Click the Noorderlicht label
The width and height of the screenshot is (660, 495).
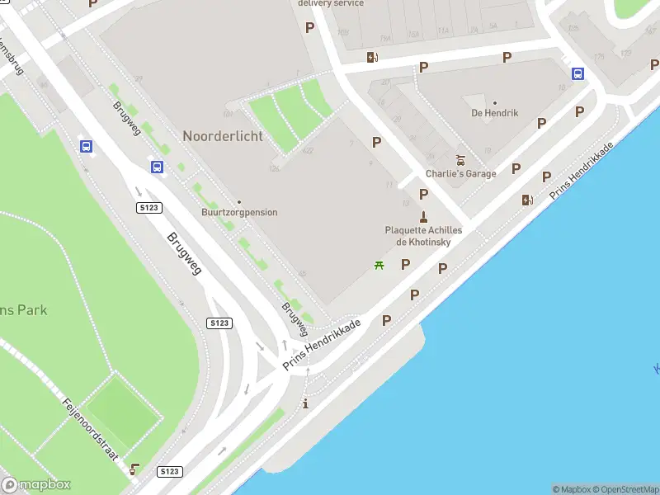(223, 136)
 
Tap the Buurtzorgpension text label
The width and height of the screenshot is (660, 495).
(239, 213)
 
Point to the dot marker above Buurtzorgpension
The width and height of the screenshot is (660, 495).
(239, 202)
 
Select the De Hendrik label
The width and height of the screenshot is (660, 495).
(495, 113)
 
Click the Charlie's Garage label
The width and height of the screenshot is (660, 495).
(461, 174)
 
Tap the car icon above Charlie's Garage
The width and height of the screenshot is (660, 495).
(461, 160)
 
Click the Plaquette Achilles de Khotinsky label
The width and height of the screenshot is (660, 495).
(423, 236)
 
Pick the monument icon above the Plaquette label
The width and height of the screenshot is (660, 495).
(423, 217)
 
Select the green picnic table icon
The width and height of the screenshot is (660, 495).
(379, 265)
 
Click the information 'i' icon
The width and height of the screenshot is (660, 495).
(306, 403)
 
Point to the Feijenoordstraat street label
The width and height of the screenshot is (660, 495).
(91, 428)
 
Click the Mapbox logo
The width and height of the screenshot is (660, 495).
(36, 485)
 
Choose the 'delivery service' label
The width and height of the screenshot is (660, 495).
(330, 3)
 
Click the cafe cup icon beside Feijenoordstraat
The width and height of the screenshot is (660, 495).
(134, 469)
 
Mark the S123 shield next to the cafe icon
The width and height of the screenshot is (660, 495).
(168, 471)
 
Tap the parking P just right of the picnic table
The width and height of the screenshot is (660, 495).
(405, 265)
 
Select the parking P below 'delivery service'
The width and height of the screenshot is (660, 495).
(310, 27)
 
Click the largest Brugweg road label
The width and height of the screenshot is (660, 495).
(185, 252)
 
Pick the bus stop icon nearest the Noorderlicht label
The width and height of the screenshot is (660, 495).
(157, 167)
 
